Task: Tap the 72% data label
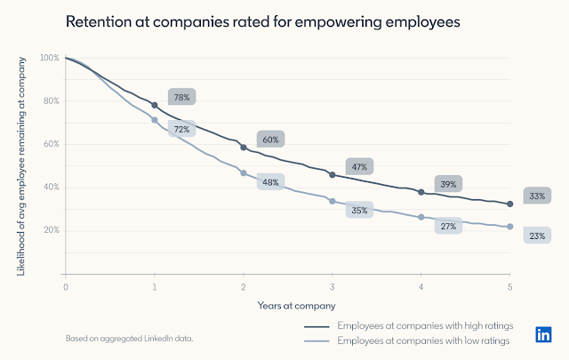(x=181, y=129)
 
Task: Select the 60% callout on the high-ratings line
(x=270, y=139)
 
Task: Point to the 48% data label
(x=270, y=181)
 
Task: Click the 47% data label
(x=359, y=166)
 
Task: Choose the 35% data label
(x=359, y=210)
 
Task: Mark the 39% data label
(x=448, y=184)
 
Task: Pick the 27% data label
(x=448, y=226)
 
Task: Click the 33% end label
(x=537, y=196)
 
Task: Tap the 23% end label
(x=537, y=236)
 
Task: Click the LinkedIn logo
(x=543, y=335)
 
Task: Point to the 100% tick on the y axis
(x=50, y=58)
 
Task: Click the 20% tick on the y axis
(x=52, y=229)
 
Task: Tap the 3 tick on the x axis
(x=332, y=288)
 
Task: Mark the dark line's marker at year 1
(x=155, y=105)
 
